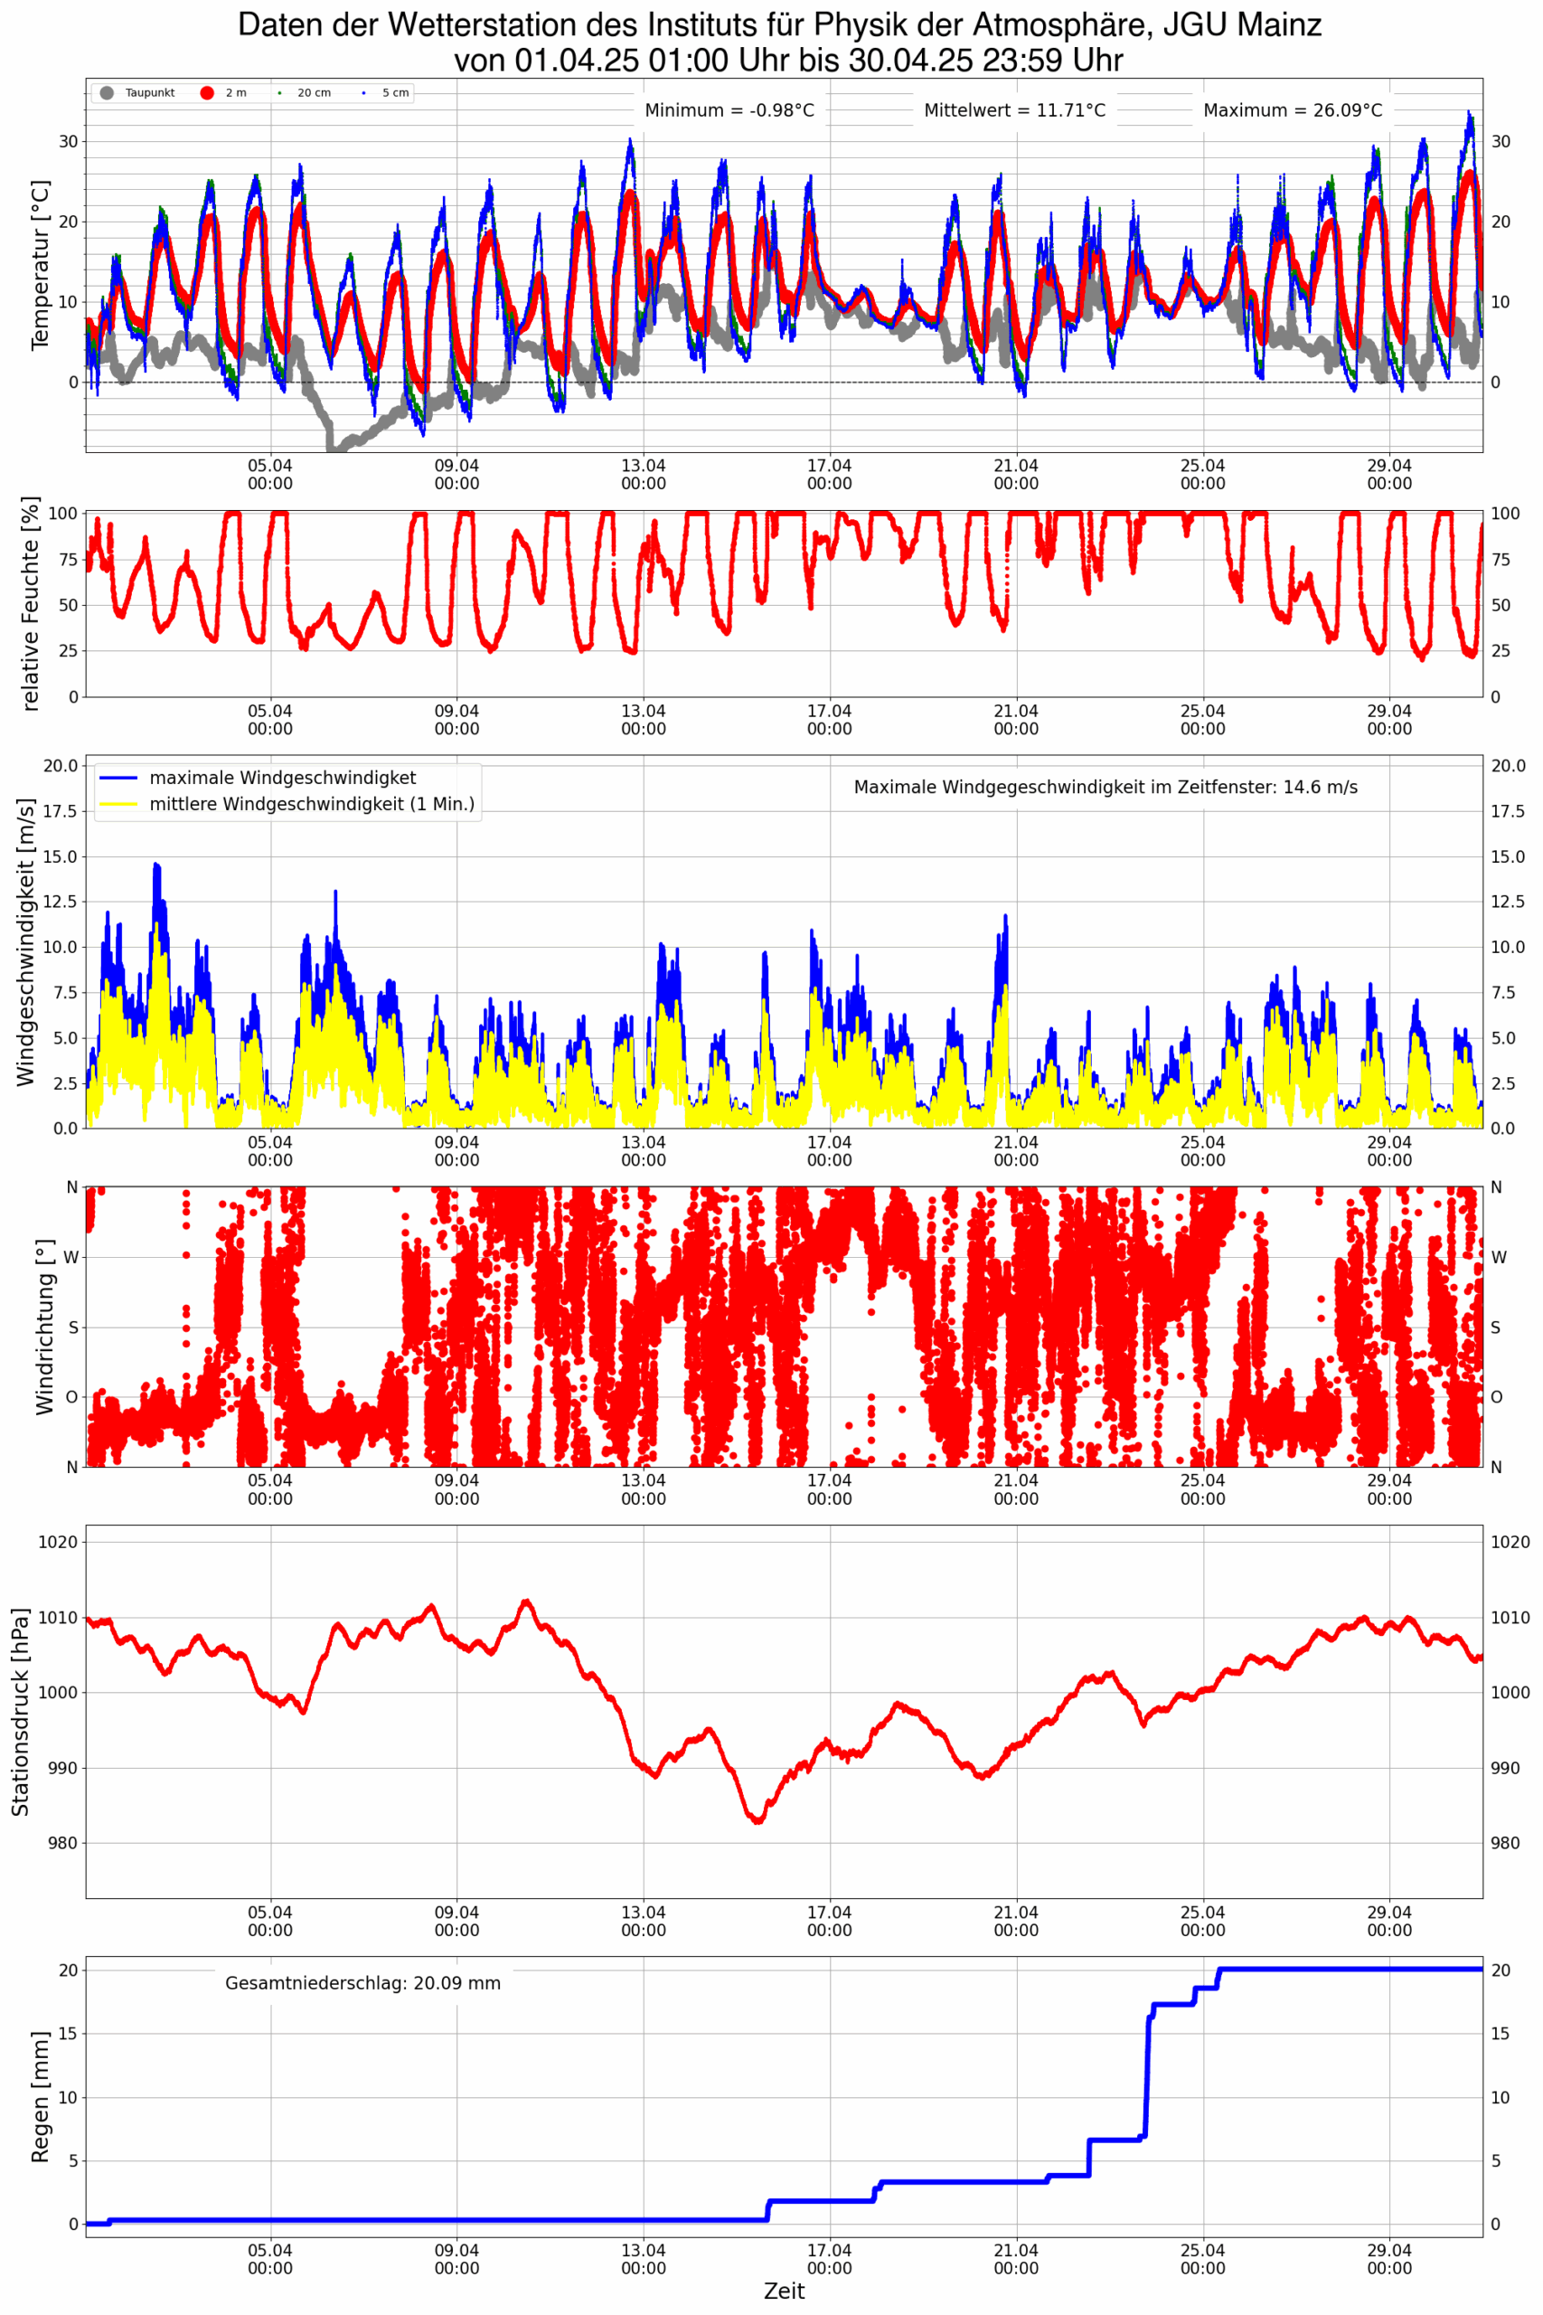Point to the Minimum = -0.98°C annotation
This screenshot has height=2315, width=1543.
pyautogui.click(x=729, y=110)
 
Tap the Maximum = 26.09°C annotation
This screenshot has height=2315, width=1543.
pyautogui.click(x=1292, y=110)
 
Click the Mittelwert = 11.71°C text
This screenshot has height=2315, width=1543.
pyautogui.click(x=1013, y=110)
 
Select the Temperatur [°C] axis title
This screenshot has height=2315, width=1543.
pyautogui.click(x=40, y=265)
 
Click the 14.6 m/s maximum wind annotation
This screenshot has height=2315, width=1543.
pyautogui.click(x=1106, y=788)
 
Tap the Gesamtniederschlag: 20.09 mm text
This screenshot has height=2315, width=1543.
pyautogui.click(x=362, y=1983)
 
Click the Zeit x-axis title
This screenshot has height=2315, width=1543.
pyautogui.click(x=785, y=2291)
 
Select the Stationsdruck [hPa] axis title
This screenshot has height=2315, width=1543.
pyautogui.click(x=20, y=1712)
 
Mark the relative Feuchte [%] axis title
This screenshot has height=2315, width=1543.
pyautogui.click(x=32, y=603)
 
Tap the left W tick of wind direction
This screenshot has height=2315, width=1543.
pyautogui.click(x=71, y=1257)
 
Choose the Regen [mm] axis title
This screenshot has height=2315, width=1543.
pyautogui.click(x=40, y=2096)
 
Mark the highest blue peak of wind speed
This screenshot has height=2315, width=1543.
pyautogui.click(x=155, y=865)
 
